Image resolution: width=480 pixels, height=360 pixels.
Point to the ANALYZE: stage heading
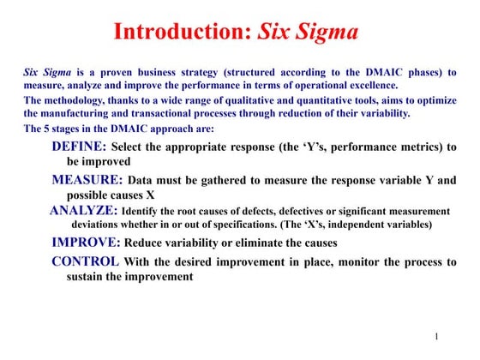coord(83,211)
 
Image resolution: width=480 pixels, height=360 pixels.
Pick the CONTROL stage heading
coord(86,261)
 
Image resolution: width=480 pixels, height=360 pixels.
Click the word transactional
coord(171,113)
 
